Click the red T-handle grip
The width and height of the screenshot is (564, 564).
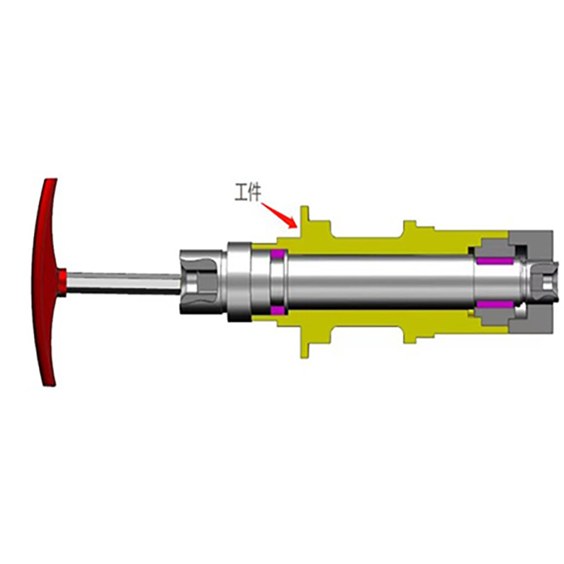point(45,282)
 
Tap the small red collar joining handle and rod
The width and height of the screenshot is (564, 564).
point(62,283)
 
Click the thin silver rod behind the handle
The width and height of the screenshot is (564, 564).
point(123,282)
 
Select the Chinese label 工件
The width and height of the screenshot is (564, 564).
point(248,192)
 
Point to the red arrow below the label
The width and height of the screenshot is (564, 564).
point(280,216)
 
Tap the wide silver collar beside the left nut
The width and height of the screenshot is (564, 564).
point(239,282)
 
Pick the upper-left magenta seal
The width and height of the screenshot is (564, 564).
point(278,253)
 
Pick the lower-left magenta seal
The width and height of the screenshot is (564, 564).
point(278,310)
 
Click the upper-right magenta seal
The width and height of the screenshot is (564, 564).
point(495,260)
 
